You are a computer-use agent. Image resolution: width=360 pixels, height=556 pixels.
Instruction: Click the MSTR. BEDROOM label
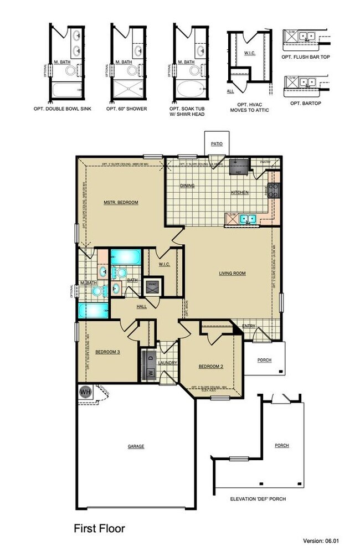120,203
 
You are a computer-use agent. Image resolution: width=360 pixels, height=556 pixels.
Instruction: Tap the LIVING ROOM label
232,273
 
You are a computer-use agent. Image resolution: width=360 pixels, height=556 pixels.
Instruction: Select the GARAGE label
136,446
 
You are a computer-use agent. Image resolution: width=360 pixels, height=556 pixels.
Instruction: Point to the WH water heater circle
85,392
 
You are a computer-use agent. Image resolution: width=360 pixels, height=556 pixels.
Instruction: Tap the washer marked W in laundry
150,372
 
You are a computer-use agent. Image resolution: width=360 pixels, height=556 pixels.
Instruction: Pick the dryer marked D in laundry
150,357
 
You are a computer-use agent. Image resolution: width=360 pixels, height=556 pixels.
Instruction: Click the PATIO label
217,144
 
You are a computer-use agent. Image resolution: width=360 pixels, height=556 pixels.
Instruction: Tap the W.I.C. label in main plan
164,264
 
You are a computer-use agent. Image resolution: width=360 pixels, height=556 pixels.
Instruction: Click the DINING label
187,186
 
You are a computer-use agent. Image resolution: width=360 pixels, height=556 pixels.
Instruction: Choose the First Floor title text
99,529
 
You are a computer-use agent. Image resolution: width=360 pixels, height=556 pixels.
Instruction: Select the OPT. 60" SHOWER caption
127,109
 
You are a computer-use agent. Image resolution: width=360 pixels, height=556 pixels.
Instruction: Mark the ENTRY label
249,326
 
